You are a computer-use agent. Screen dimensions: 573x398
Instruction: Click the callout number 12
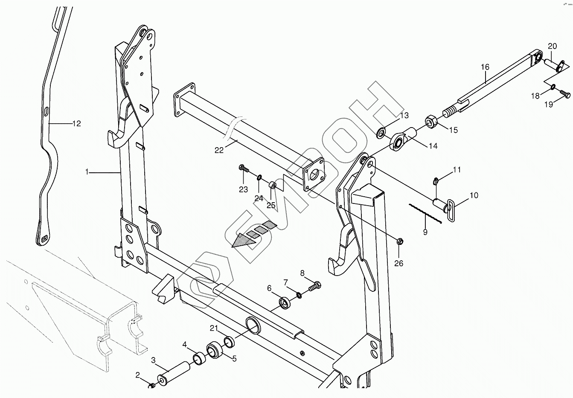click(76, 124)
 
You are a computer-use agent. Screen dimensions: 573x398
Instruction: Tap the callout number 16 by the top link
click(485, 67)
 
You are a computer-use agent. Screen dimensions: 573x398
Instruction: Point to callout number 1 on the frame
click(87, 172)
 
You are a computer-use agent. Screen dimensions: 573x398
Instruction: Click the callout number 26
click(398, 263)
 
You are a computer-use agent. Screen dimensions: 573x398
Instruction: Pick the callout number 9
click(425, 232)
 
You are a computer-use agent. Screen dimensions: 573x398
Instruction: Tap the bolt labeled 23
click(243, 168)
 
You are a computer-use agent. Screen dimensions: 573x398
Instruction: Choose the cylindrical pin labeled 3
click(175, 372)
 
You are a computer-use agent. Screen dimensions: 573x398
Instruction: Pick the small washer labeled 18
click(553, 87)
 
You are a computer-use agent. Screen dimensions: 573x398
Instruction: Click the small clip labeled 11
click(436, 180)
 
